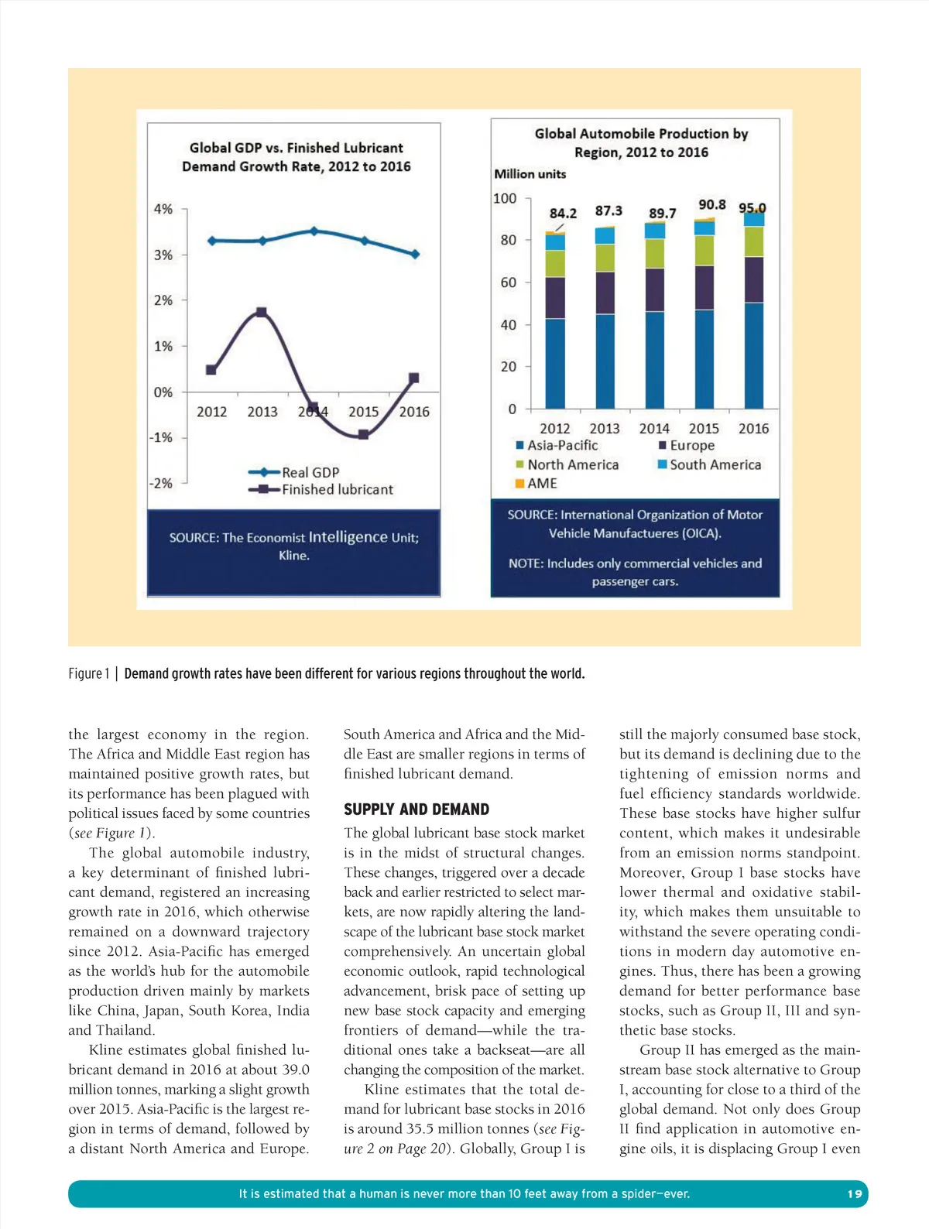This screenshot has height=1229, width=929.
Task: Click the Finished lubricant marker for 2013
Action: (262, 313)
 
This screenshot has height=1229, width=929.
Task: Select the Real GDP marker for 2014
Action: (314, 231)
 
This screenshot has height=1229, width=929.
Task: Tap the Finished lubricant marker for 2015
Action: (363, 435)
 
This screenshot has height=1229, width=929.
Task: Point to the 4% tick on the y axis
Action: (163, 209)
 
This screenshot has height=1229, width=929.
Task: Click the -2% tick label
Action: (161, 483)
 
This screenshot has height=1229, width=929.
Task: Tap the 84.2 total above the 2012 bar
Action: (563, 214)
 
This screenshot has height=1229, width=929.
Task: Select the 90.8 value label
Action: (711, 204)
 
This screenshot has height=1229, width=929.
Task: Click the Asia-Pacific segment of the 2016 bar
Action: (753, 355)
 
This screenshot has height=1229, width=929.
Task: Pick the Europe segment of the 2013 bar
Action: (605, 293)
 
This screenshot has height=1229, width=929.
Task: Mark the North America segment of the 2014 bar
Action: (655, 254)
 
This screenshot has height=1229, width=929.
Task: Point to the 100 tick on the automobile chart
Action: (505, 199)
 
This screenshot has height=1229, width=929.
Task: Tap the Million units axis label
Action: (530, 174)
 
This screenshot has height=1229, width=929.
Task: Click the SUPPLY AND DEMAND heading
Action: (417, 810)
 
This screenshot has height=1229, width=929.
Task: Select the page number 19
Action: (855, 1193)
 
